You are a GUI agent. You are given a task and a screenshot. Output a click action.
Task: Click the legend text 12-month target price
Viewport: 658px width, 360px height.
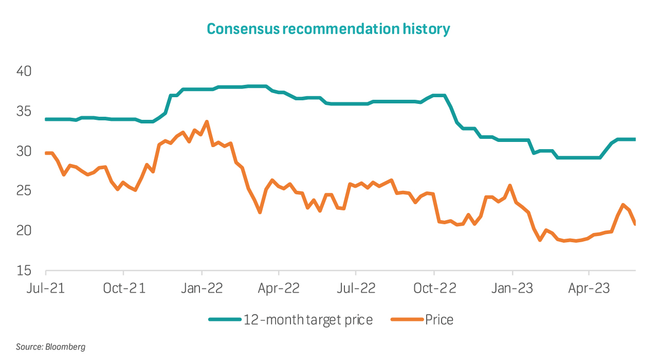[308, 320]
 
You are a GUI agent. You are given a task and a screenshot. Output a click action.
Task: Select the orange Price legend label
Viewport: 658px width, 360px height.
[439, 320]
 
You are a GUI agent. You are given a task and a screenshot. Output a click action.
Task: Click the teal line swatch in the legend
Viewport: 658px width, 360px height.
[225, 320]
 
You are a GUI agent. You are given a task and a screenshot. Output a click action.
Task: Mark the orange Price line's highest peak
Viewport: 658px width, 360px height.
[207, 122]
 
